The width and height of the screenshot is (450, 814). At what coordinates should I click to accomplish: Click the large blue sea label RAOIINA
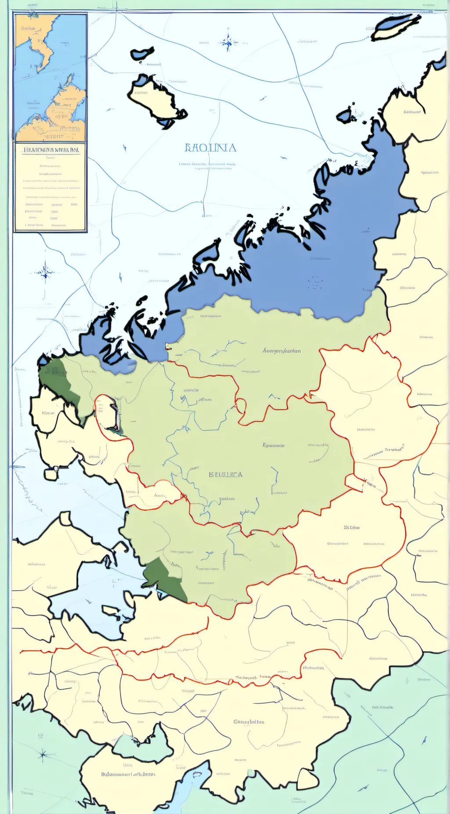(x=210, y=148)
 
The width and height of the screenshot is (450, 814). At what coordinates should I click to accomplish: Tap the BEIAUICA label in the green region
(x=225, y=475)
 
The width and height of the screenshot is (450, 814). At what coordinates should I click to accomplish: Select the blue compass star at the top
(x=228, y=42)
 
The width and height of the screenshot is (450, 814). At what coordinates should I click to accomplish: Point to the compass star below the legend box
(x=45, y=272)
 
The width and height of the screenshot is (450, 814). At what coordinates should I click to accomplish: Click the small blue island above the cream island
(x=142, y=54)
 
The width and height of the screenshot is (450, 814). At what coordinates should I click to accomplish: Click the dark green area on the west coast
(x=59, y=382)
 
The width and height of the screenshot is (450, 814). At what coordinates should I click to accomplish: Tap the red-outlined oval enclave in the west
(x=107, y=413)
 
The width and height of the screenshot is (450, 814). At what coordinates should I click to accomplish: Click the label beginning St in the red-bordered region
(x=352, y=527)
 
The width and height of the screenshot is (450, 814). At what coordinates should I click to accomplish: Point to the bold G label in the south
(x=249, y=721)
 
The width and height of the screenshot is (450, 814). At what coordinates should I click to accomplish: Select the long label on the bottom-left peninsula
(x=128, y=774)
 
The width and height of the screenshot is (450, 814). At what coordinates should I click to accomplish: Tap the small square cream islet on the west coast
(x=51, y=474)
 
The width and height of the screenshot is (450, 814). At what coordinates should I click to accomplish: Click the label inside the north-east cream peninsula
(x=412, y=112)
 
